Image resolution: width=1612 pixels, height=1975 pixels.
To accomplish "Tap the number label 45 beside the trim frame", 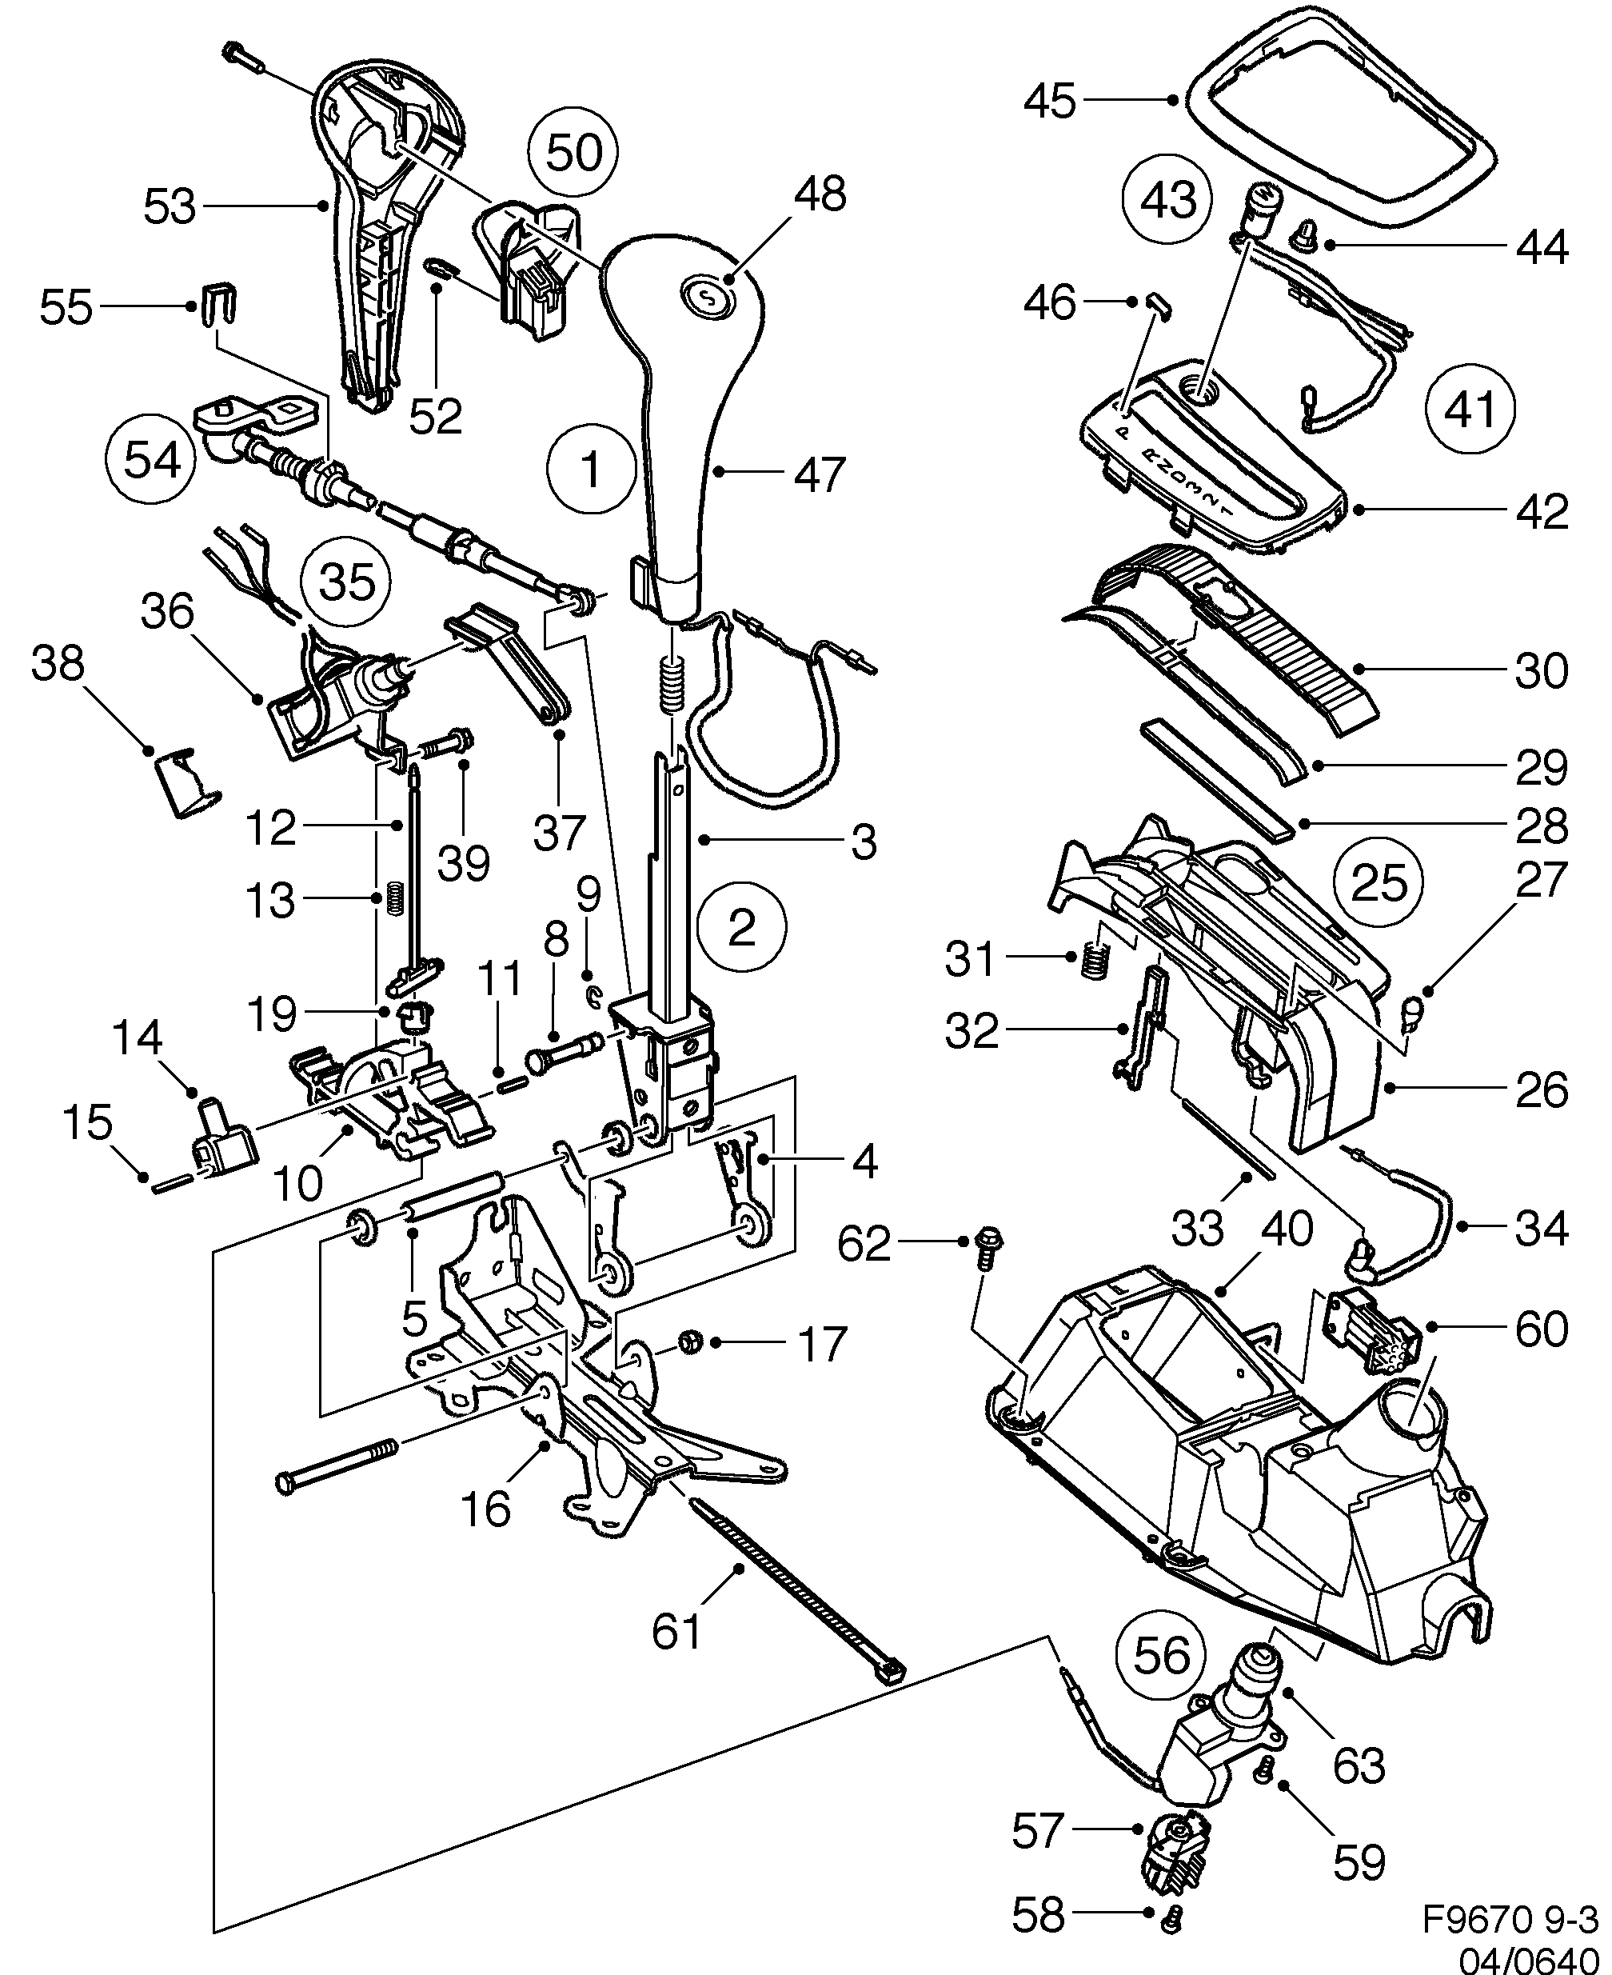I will (1049, 100).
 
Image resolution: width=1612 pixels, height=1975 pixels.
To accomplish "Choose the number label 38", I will (58, 666).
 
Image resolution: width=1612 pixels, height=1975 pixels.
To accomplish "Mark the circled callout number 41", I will (1470, 409).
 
